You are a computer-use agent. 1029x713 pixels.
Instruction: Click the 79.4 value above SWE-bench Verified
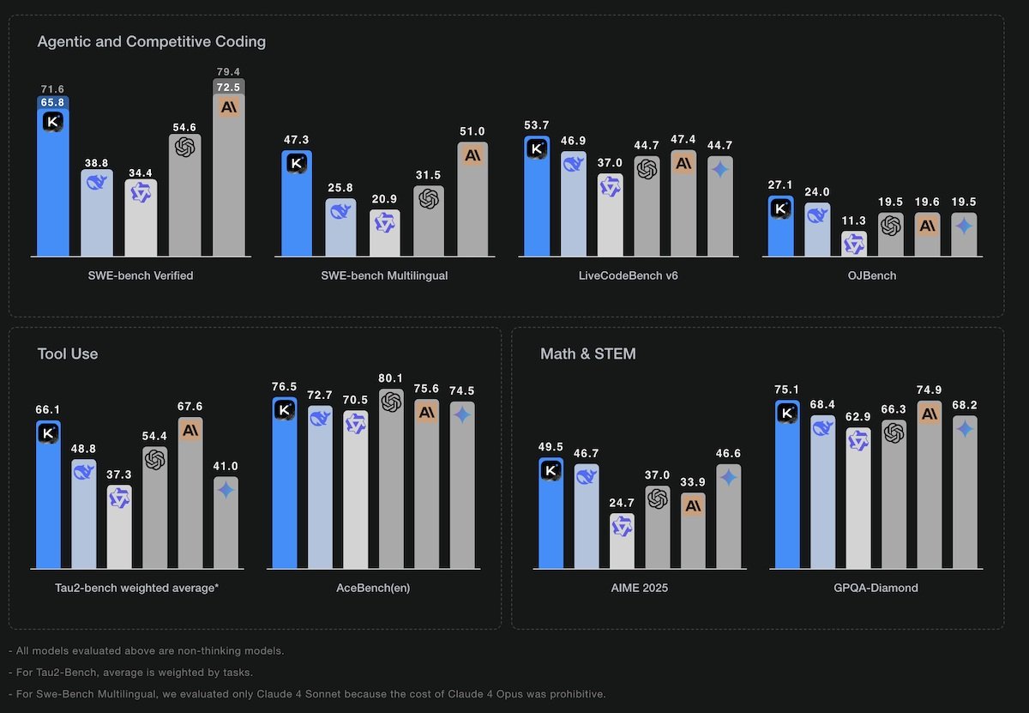228,71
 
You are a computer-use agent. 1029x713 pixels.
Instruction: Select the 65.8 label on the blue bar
52,103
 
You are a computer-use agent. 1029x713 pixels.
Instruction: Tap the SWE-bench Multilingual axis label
384,275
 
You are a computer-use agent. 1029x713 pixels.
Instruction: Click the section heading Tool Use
68,353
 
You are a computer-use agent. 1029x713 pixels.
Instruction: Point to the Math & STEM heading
588,353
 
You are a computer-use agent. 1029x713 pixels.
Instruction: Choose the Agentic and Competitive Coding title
152,41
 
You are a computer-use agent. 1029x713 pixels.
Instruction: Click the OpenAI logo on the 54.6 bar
184,148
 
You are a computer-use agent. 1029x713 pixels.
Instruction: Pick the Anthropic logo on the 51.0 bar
472,155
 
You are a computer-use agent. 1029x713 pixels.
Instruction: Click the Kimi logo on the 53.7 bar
538,148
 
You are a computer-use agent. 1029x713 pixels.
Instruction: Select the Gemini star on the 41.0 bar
226,490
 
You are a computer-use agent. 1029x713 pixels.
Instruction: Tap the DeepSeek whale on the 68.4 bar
822,426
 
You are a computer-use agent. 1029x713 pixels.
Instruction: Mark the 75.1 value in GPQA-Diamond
786,390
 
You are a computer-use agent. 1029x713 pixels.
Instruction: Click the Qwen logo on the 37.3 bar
119,498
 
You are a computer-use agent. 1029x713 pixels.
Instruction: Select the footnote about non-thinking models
146,650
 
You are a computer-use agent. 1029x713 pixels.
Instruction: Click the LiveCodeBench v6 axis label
629,275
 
